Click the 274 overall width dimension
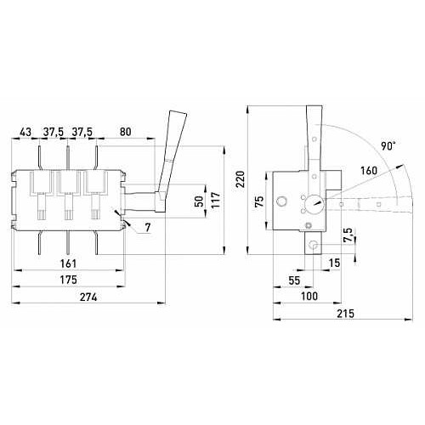pyautogui.click(x=88, y=297)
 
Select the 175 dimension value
pyautogui.click(x=69, y=280)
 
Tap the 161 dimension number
pyautogui.click(x=69, y=263)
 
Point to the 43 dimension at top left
pyautogui.click(x=25, y=132)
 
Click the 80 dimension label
pyautogui.click(x=126, y=132)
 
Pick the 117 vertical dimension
pyautogui.click(x=216, y=200)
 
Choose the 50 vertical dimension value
pyautogui.click(x=200, y=201)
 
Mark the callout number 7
pyautogui.click(x=148, y=227)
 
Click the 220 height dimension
pyautogui.click(x=241, y=179)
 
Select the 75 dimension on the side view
pyautogui.click(x=259, y=201)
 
